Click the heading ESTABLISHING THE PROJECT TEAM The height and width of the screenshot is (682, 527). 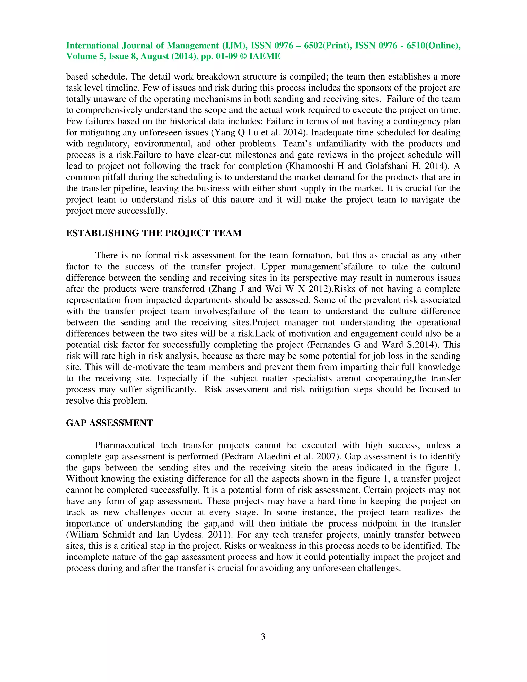pyautogui.click(x=154, y=233)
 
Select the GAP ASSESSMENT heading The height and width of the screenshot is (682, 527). pyautogui.click(x=109, y=423)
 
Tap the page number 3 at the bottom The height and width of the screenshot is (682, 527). pyautogui.click(x=263, y=636)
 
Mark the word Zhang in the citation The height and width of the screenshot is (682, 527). pyautogui.click(x=224, y=289)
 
